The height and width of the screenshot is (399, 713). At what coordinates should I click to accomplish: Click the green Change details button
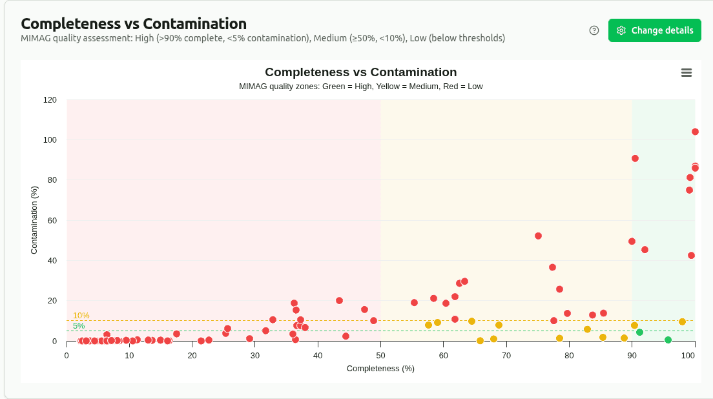[654, 30]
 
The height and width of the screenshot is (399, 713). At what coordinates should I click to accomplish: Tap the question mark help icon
[594, 30]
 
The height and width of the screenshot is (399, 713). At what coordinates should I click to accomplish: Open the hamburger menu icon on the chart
[687, 73]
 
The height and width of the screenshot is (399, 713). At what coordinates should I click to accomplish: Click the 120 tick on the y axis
[50, 100]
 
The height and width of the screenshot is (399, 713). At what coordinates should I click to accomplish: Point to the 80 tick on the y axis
[52, 180]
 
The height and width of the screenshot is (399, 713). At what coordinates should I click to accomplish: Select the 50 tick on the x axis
[380, 355]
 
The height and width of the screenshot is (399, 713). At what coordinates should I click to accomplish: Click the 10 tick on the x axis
[129, 355]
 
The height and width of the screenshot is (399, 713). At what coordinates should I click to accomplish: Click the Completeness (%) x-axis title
[380, 369]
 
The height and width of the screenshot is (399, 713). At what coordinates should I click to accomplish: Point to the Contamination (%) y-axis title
[35, 220]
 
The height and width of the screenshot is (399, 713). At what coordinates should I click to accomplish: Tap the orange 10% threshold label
[81, 315]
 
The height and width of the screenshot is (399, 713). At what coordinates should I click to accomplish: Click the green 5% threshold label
[78, 325]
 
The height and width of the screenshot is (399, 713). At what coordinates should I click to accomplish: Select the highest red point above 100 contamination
[695, 132]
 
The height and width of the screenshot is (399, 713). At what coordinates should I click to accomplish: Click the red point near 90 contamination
[635, 158]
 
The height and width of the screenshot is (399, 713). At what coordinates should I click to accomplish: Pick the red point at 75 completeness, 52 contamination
[538, 236]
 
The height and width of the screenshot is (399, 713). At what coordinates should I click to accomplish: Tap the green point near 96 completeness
[668, 340]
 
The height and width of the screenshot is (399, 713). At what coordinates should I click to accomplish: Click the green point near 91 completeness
[639, 332]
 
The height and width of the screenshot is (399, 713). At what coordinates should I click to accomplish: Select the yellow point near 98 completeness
[682, 322]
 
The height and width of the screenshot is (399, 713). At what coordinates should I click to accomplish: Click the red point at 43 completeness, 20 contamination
[339, 300]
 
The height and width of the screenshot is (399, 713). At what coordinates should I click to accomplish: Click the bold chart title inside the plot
[360, 72]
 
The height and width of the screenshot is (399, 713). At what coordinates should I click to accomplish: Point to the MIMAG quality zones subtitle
[360, 87]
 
